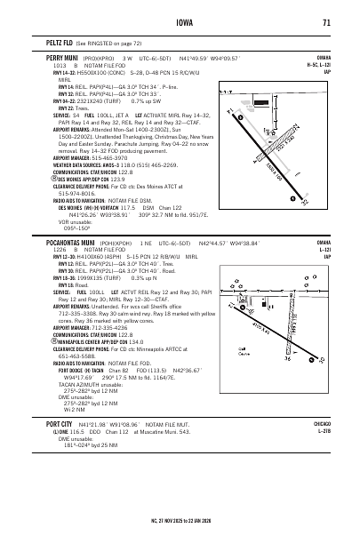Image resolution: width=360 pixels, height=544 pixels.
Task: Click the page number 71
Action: coord(328,23)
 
